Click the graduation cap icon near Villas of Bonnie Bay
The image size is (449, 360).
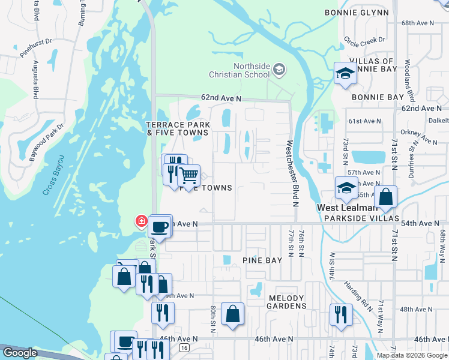pos(345,74)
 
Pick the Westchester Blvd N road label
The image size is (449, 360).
pos(293,173)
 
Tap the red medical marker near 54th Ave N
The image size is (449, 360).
pos(142,221)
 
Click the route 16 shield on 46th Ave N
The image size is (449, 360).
pos(184,347)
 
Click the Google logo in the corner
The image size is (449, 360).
pos(19,353)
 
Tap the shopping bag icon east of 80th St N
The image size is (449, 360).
pos(232,314)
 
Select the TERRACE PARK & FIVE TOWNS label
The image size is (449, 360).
pos(178,128)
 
